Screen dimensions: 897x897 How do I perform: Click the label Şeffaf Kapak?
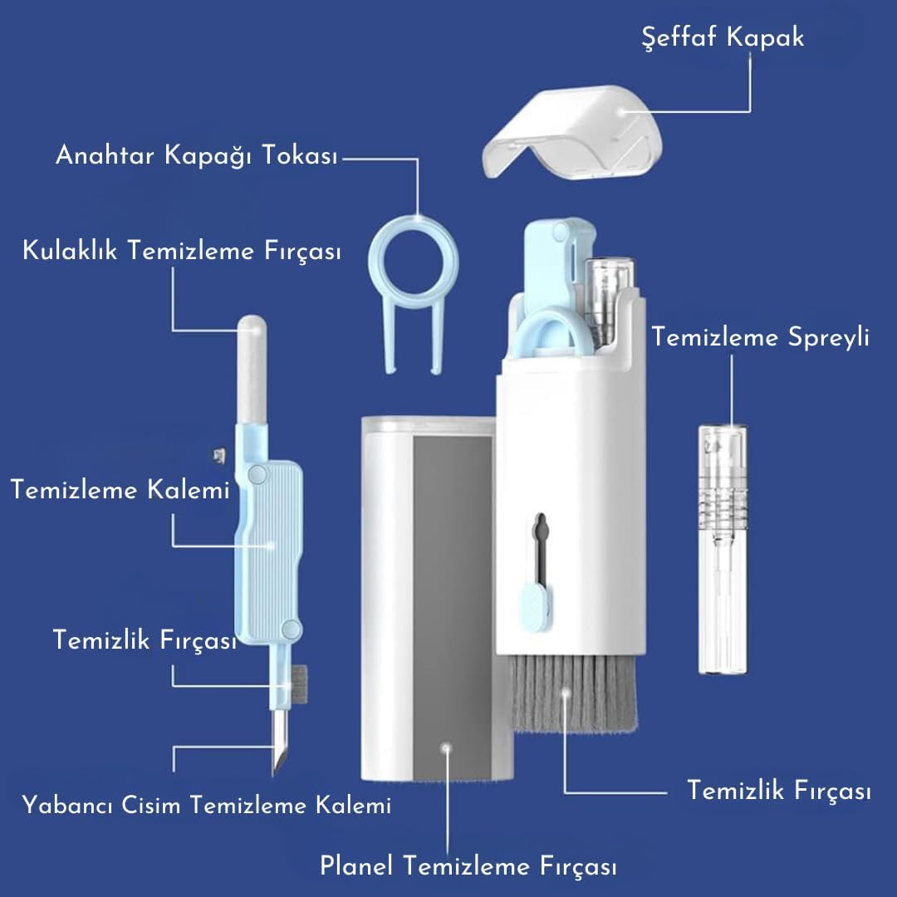(x=723, y=37)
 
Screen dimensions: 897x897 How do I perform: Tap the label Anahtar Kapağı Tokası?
(x=197, y=155)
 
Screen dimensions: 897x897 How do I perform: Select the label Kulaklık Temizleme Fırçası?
(x=182, y=251)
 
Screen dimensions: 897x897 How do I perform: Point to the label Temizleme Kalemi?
(x=120, y=490)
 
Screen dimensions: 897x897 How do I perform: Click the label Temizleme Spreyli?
(x=760, y=337)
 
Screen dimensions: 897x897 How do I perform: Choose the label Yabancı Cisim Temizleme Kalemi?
(x=207, y=805)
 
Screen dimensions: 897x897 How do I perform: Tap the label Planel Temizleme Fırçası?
(x=468, y=865)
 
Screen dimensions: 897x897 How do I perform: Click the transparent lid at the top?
(x=572, y=131)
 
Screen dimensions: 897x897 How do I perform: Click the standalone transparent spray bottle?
(x=723, y=549)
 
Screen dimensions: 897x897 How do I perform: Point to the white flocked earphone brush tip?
(x=252, y=369)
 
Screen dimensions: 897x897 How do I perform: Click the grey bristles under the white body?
(x=573, y=692)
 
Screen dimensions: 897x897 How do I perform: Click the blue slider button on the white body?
(x=536, y=607)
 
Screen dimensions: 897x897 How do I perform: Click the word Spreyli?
(x=829, y=337)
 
